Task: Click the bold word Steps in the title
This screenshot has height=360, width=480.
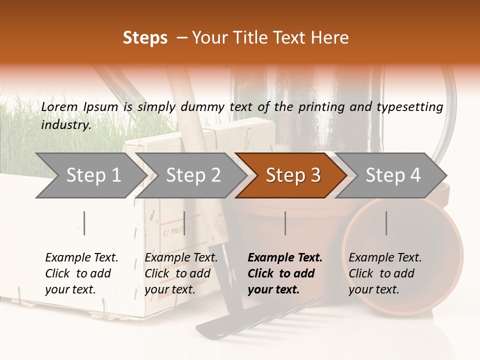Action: click(x=145, y=38)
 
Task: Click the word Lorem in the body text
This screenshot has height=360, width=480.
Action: click(x=59, y=106)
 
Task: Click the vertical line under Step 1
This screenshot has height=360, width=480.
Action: click(x=84, y=223)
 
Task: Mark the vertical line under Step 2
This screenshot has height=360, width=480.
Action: click(x=184, y=223)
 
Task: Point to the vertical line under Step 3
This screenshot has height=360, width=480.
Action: click(x=285, y=223)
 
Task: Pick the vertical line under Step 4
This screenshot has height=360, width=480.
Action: click(x=386, y=223)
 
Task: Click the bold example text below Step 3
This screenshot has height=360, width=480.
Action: click(x=285, y=273)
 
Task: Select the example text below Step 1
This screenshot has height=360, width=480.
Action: click(x=81, y=273)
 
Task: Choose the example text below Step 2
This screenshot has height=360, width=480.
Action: click(x=181, y=273)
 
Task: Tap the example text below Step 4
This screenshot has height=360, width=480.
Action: click(x=385, y=273)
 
